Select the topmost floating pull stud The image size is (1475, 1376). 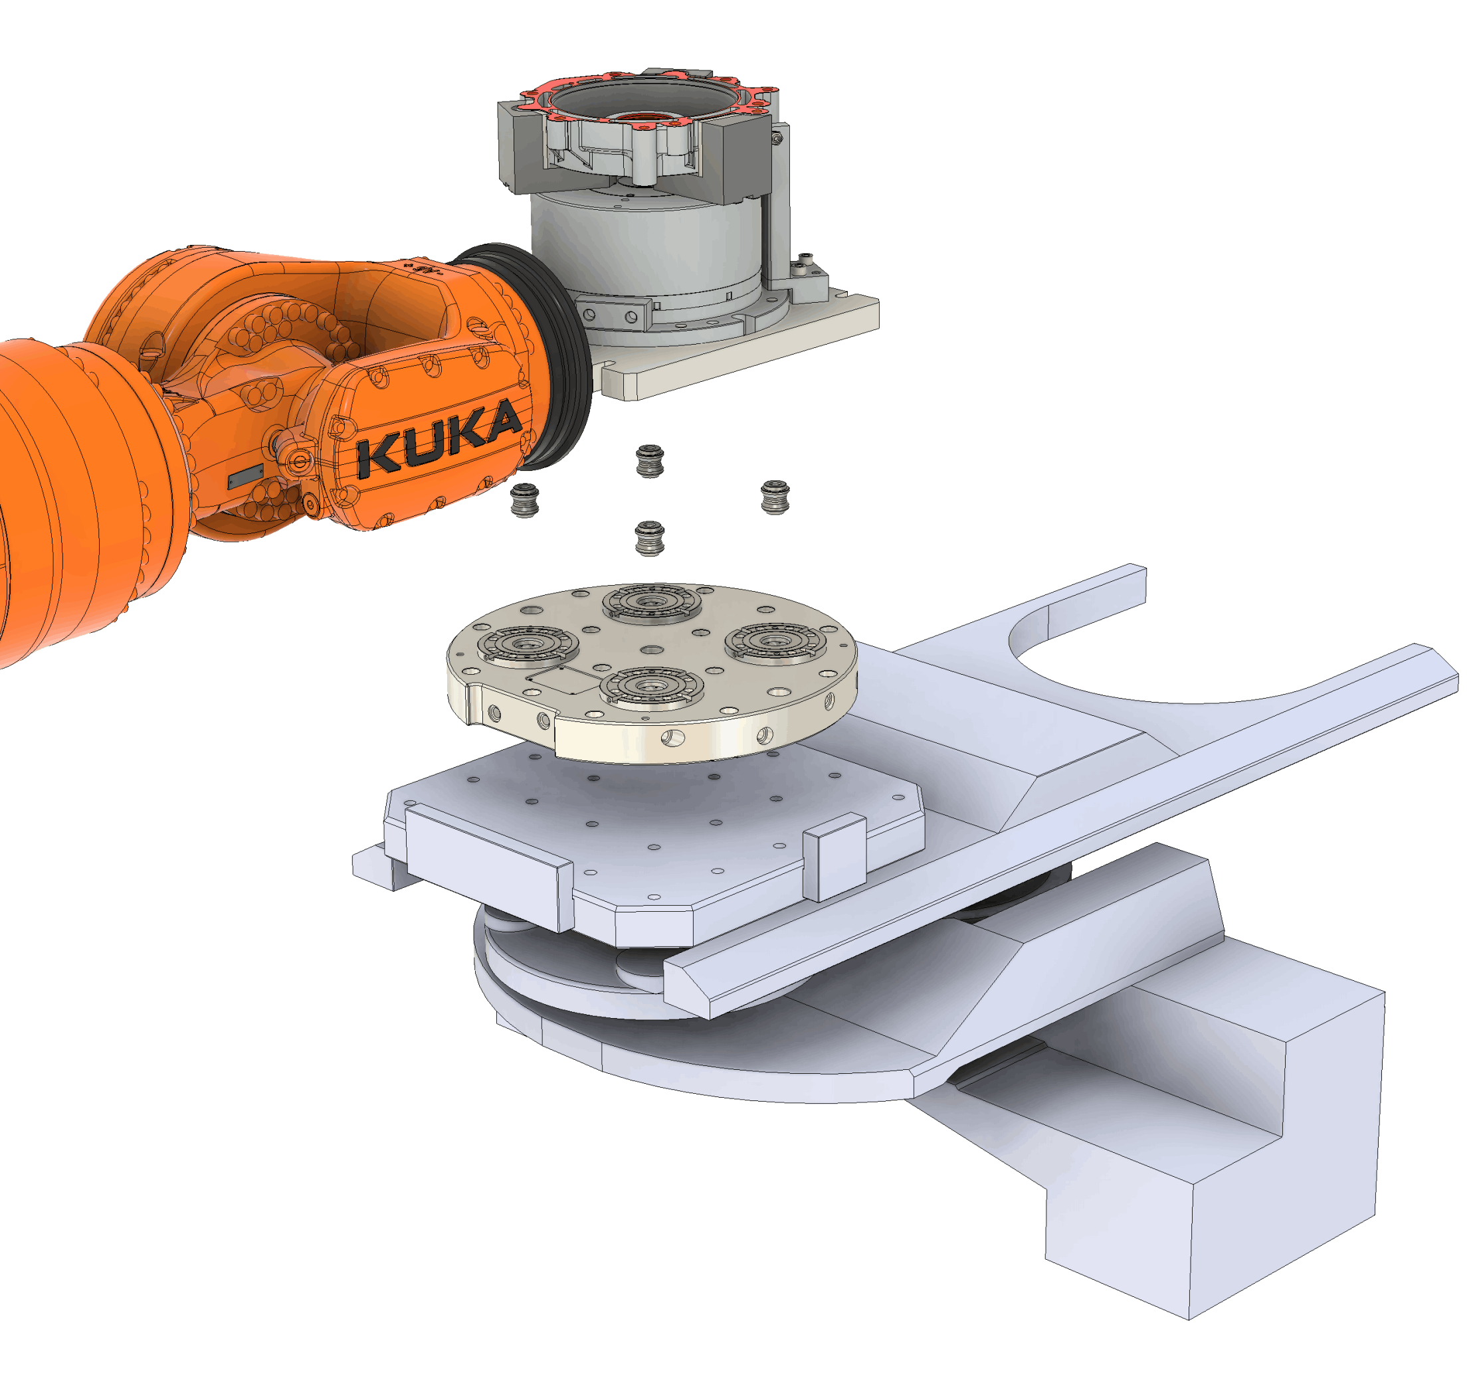click(650, 461)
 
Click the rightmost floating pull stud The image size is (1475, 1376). click(775, 497)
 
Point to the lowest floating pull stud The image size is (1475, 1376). click(650, 538)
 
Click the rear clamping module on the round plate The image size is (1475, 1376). click(651, 602)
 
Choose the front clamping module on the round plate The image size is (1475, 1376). click(651, 686)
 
